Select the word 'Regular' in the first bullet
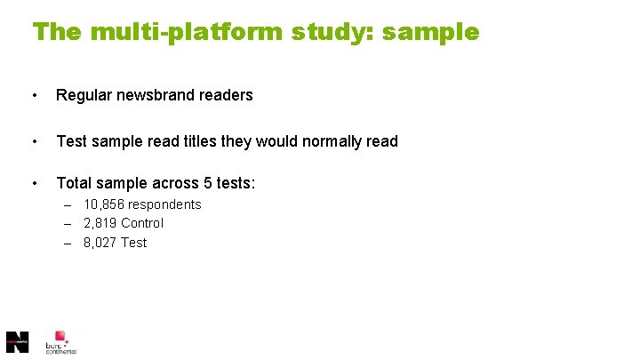pyautogui.click(x=83, y=95)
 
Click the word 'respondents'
pyautogui.click(x=165, y=204)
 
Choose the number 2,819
pyautogui.click(x=100, y=223)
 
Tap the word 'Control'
pyautogui.click(x=142, y=223)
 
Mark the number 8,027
pyautogui.click(x=100, y=243)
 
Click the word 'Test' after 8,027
pyautogui.click(x=133, y=243)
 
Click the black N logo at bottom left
pyautogui.click(x=17, y=341)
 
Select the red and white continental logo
pyautogui.click(x=60, y=341)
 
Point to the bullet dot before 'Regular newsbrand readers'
pyautogui.click(x=34, y=95)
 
